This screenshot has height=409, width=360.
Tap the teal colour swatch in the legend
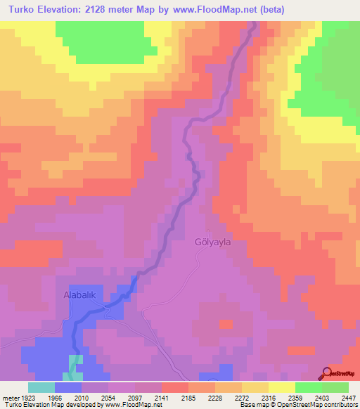click(x=41, y=387)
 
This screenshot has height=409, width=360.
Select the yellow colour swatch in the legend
click(x=281, y=387)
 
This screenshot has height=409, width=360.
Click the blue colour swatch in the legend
click(x=68, y=387)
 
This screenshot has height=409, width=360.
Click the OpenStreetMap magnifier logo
click(x=327, y=373)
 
